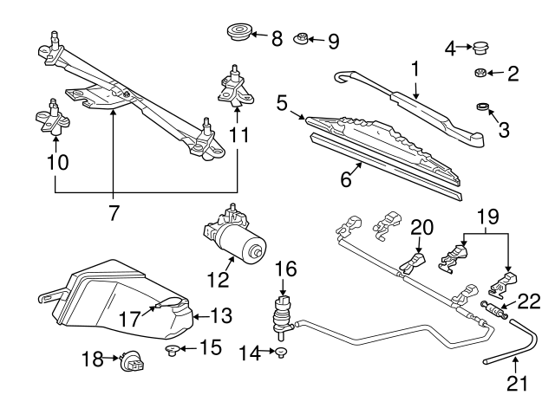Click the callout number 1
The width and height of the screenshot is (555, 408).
pos(415,68)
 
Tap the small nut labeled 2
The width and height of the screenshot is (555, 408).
pos(480,74)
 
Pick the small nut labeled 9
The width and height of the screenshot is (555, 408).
pos(301,40)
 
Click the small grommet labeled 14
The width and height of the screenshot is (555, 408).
pos(283,351)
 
